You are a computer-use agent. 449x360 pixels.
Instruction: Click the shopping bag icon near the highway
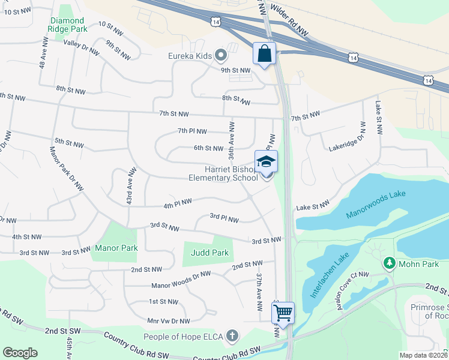pyautogui.click(x=264, y=53)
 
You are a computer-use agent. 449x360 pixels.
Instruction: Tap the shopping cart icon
pyautogui.click(x=283, y=312)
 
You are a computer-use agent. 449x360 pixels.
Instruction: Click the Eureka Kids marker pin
pyautogui.click(x=220, y=56)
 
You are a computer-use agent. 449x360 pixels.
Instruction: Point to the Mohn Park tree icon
pyautogui.click(x=389, y=263)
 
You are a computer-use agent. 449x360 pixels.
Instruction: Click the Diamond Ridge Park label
pyautogui.click(x=68, y=24)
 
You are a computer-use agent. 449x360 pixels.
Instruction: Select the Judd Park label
pyautogui.click(x=209, y=253)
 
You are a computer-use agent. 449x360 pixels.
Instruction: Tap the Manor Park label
pyautogui.click(x=116, y=248)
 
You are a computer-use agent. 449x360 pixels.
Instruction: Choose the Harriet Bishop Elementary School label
pyautogui.click(x=223, y=173)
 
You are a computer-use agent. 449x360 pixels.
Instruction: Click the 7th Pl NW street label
pyautogui.click(x=192, y=131)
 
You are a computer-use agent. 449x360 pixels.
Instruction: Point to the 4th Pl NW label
pyautogui.click(x=178, y=204)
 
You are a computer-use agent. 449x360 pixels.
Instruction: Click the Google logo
pyautogui.click(x=20, y=352)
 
